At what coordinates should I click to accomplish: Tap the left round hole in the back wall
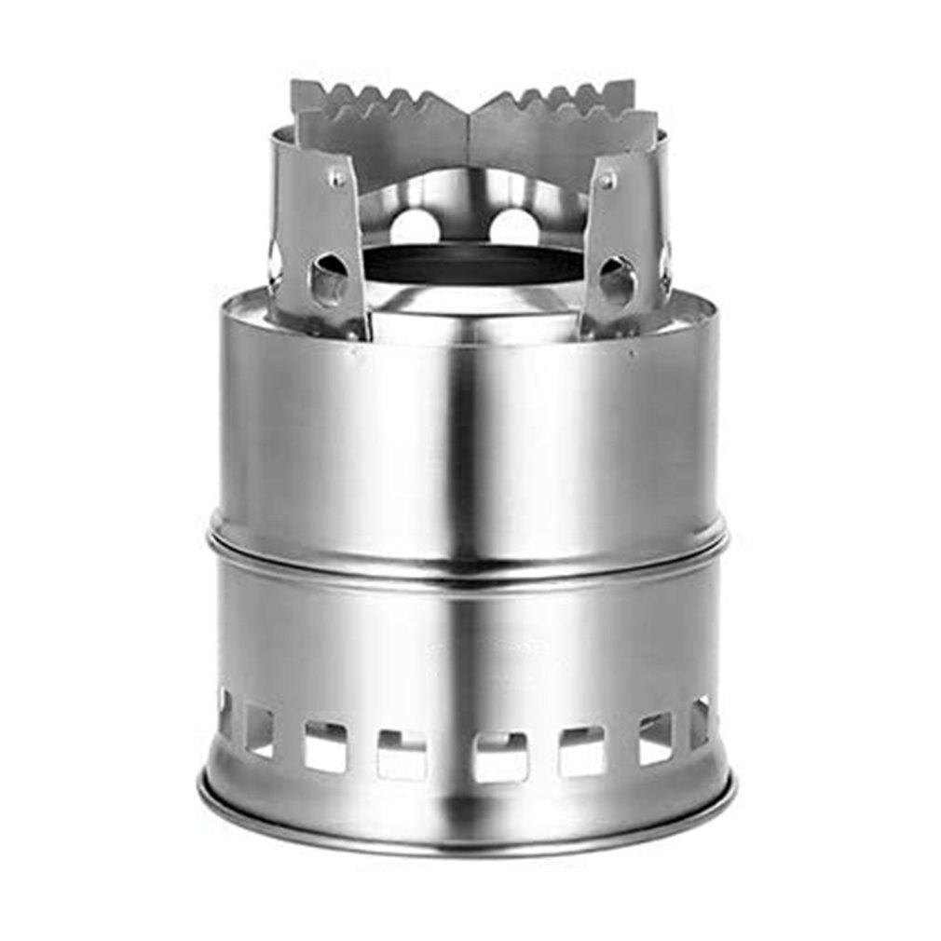(x=414, y=227)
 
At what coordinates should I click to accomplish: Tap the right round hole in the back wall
(x=515, y=227)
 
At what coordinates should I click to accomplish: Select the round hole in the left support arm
(x=329, y=279)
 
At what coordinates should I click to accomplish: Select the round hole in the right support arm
(x=617, y=279)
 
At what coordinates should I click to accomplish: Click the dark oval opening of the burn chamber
(x=473, y=265)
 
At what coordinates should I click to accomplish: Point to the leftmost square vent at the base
(x=225, y=713)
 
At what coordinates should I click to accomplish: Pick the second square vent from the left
(x=259, y=730)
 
